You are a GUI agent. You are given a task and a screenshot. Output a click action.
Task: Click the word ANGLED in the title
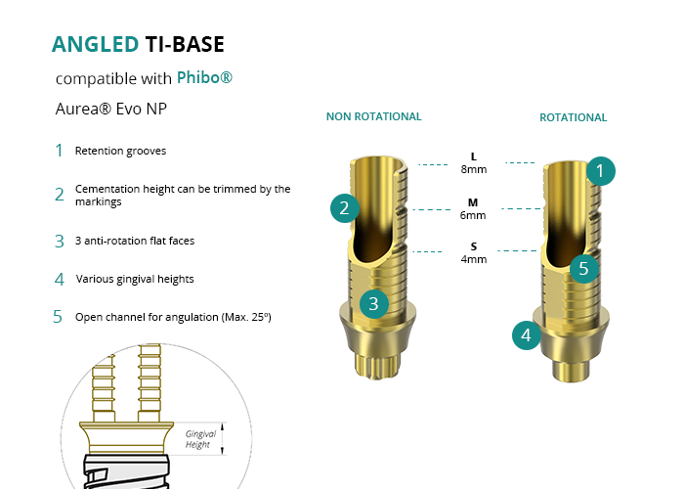pos(94,44)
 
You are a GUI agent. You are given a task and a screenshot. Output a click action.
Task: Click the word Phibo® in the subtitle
pos(204,77)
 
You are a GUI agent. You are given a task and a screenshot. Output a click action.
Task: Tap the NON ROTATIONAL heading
pos(373,116)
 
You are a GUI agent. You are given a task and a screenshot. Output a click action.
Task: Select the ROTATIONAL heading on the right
pos(573,117)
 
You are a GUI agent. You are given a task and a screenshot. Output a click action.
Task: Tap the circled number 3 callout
pos(373,303)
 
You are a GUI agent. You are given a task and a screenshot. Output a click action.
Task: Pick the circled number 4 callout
pos(527,335)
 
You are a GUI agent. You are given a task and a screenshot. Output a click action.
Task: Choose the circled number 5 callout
pos(583,268)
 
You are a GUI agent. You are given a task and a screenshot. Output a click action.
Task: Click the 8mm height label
pos(474,169)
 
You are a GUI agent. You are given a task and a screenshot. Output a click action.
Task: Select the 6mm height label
pos(474,215)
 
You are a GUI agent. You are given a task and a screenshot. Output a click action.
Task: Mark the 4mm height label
pos(474,259)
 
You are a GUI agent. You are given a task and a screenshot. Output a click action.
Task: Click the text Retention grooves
pos(120,152)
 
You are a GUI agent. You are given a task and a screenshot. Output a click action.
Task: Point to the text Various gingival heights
pos(135,279)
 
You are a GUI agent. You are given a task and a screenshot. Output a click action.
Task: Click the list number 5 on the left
pos(58,317)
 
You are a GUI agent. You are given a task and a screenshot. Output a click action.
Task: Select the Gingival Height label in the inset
pos(200,439)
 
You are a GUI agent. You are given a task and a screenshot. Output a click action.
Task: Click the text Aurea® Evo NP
pos(110,109)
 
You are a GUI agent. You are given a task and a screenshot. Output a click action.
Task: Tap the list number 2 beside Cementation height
pos(59,194)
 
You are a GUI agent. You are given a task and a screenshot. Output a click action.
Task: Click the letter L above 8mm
pos(474,156)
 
